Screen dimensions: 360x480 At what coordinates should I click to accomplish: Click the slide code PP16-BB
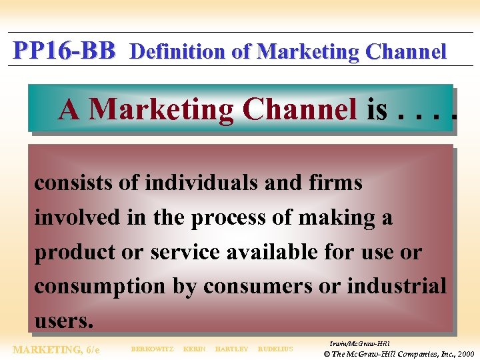(x=64, y=50)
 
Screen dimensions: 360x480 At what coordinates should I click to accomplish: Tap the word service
(x=183, y=252)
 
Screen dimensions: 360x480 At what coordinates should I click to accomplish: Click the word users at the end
(x=63, y=321)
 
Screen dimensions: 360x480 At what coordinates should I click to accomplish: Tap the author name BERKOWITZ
(x=152, y=349)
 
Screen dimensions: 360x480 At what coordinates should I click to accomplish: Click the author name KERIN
(x=194, y=349)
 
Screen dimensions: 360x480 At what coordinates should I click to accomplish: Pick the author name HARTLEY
(x=231, y=349)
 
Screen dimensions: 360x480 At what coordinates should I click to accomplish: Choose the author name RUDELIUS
(x=275, y=349)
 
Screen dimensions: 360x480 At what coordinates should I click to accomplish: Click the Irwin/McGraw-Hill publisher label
(x=359, y=343)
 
